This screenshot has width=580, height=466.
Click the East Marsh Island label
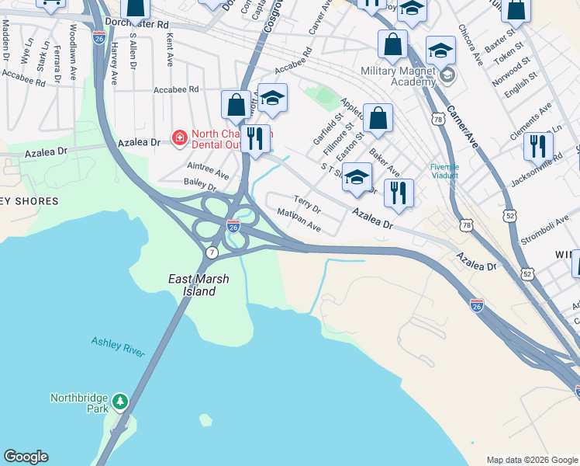pyautogui.click(x=193, y=284)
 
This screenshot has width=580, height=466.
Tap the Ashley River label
pyautogui.click(x=118, y=346)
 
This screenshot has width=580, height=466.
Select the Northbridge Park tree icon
pyautogui.click(x=119, y=402)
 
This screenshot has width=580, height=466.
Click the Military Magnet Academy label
pyautogui.click(x=400, y=77)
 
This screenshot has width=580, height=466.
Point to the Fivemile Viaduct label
pyautogui.click(x=445, y=171)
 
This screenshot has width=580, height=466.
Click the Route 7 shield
pyautogui.click(x=212, y=252)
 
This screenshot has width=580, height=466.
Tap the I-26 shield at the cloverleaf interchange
pyautogui.click(x=233, y=226)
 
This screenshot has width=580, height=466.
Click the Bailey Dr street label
pyautogui.click(x=200, y=183)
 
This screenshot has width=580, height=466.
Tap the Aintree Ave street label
pyautogui.click(x=208, y=170)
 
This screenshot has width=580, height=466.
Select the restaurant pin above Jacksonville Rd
pyautogui.click(x=537, y=146)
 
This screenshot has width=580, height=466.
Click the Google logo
pyautogui.click(x=26, y=457)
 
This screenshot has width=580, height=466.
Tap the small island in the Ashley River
pyautogui.click(x=205, y=420)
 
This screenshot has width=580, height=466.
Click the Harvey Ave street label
pyautogui.click(x=114, y=62)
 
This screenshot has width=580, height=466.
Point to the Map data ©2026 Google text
pyautogui.click(x=531, y=460)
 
